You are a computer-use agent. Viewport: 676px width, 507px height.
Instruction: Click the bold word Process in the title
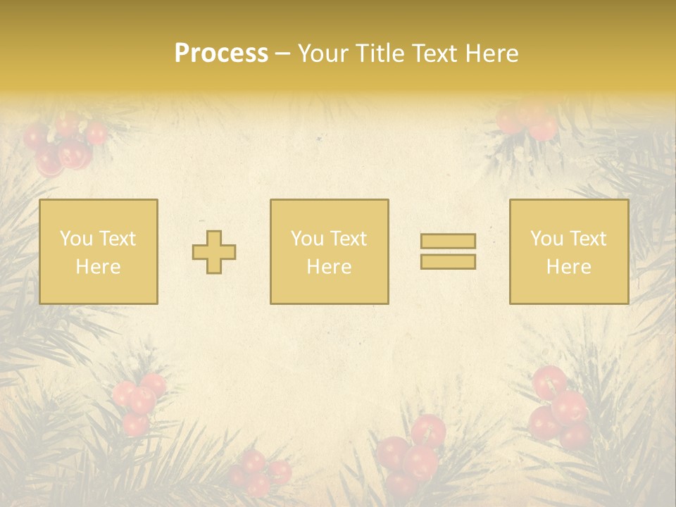(x=221, y=54)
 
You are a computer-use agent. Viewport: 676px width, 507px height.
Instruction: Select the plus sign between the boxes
(x=214, y=252)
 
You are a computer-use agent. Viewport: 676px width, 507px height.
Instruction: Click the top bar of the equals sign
(x=448, y=241)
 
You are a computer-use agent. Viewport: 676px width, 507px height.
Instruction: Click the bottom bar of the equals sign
(x=448, y=262)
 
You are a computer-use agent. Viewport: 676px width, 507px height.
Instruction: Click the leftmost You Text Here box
(x=98, y=251)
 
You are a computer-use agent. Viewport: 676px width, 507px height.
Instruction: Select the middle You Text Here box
(x=329, y=251)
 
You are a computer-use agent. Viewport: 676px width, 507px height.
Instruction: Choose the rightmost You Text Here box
(x=568, y=251)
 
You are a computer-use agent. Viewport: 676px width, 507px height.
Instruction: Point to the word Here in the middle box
(x=329, y=267)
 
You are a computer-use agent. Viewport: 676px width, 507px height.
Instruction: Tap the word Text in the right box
(x=589, y=239)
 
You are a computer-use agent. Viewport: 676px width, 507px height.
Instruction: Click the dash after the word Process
(x=283, y=54)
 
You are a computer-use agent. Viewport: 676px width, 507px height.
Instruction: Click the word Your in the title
(x=322, y=54)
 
